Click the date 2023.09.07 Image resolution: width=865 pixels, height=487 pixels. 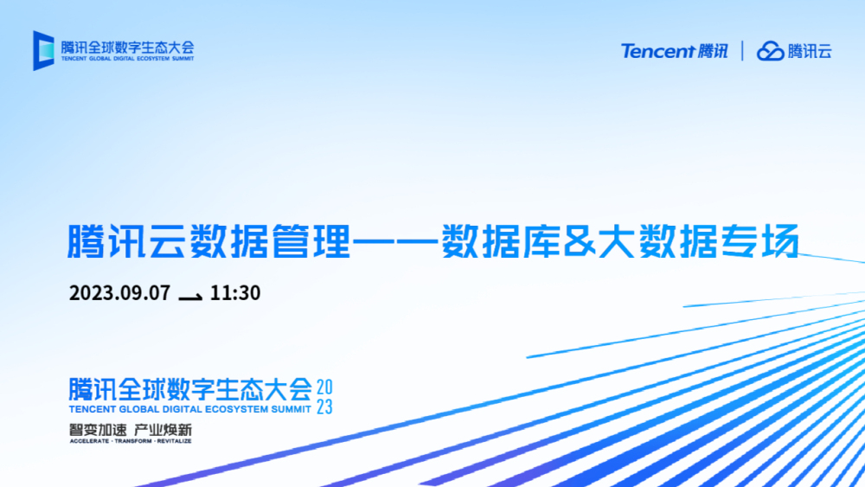pyautogui.click(x=119, y=293)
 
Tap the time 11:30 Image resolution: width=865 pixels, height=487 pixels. pyautogui.click(x=235, y=293)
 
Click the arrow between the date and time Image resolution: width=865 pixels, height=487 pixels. pyautogui.click(x=190, y=298)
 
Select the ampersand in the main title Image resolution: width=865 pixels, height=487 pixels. pyautogui.click(x=580, y=241)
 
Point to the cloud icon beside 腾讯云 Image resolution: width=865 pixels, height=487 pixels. pyautogui.click(x=770, y=51)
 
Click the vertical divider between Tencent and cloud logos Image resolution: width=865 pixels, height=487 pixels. pyautogui.click(x=742, y=51)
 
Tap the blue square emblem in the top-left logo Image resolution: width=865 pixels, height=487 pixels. pyautogui.click(x=43, y=50)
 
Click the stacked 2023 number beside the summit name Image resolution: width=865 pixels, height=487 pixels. pyautogui.click(x=324, y=396)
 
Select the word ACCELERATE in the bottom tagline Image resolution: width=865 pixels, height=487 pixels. pyautogui.click(x=89, y=441)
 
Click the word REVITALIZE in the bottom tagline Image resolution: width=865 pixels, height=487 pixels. pyautogui.click(x=175, y=441)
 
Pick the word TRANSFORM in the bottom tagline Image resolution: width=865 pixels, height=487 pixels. pyautogui.click(x=133, y=441)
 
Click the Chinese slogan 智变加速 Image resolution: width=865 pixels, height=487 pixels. pyautogui.click(x=98, y=430)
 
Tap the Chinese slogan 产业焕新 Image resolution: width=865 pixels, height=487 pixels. pyautogui.click(x=163, y=430)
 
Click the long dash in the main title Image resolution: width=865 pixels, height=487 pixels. pyautogui.click(x=395, y=241)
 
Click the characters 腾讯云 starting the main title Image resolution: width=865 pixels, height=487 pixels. pyautogui.click(x=125, y=241)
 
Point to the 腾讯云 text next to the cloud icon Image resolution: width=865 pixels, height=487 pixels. pyautogui.click(x=810, y=51)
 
